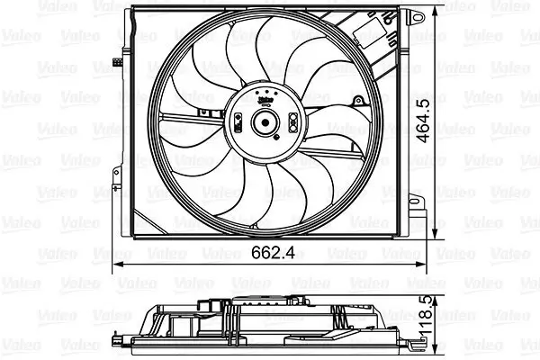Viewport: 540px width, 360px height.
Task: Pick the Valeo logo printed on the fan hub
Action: tap(267, 102)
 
